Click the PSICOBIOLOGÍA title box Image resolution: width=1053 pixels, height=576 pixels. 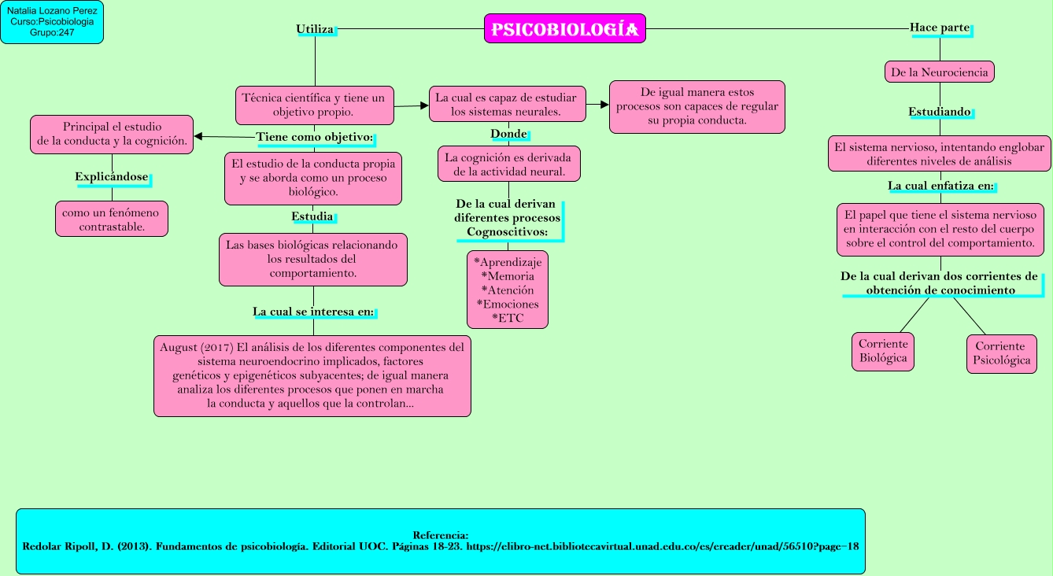[564, 29]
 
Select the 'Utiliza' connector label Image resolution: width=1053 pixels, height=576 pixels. [315, 29]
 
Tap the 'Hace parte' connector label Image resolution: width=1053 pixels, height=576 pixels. [939, 28]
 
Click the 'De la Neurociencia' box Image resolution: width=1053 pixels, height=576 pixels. [939, 72]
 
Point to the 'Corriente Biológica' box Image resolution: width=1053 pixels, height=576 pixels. [883, 351]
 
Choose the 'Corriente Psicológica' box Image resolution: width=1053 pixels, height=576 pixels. [1001, 353]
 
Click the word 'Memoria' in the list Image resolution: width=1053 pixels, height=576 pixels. [508, 276]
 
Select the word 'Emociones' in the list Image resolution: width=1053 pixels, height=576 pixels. [508, 304]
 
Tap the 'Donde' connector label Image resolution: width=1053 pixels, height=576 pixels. [508, 133]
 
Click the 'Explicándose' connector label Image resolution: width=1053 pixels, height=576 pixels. [112, 177]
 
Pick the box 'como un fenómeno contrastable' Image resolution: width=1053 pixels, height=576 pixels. [111, 220]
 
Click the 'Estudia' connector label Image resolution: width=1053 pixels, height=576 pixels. [312, 216]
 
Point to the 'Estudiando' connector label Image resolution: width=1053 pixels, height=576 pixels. [939, 112]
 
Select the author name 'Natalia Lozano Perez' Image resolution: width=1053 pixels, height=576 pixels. [52, 11]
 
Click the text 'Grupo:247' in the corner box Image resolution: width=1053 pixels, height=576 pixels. [52, 33]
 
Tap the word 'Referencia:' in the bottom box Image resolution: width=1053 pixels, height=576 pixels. [440, 534]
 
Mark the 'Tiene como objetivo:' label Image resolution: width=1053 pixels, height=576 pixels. [315, 137]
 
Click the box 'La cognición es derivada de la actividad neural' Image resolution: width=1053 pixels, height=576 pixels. [508, 164]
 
